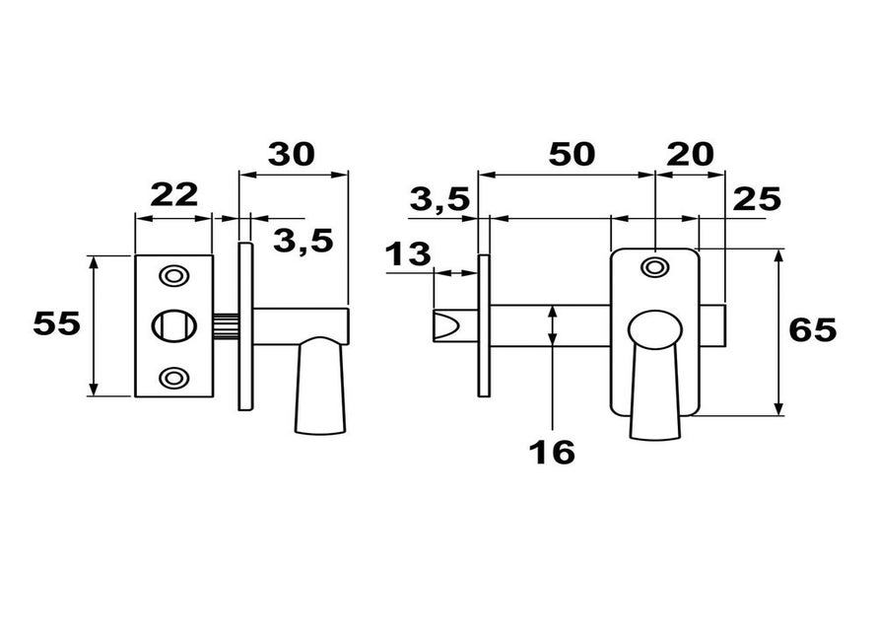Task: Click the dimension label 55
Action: pos(57,323)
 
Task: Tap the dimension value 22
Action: pos(174,194)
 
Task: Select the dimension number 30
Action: pos(292,155)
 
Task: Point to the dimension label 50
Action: pos(572,155)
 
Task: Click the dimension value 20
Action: pos(690,155)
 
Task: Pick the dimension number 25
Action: pos(757,199)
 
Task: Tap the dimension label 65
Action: pos(813,329)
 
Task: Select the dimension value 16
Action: pos(552,453)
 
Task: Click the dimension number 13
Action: pos(408,254)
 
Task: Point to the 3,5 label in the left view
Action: pos(304,241)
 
